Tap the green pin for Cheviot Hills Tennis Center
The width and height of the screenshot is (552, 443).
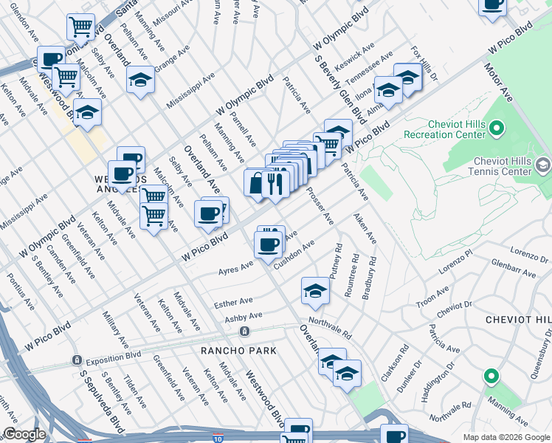[544, 162]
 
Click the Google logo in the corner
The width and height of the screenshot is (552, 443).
[24, 434]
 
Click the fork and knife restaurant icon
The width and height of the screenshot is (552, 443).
[275, 183]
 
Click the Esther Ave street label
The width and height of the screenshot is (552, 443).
[232, 303]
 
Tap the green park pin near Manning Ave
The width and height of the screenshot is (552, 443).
[491, 377]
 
